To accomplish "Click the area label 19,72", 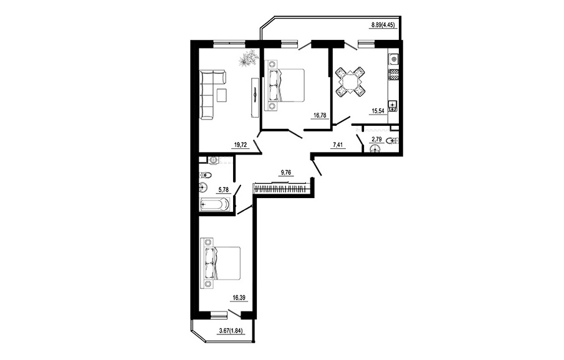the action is pyautogui.click(x=241, y=145).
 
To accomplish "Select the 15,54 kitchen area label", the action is pyautogui.click(x=378, y=111).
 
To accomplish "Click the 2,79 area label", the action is pyautogui.click(x=377, y=139).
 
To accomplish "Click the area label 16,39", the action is pyautogui.click(x=241, y=298).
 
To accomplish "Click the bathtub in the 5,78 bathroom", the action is pyautogui.click(x=214, y=204).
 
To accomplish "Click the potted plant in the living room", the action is pyautogui.click(x=247, y=59).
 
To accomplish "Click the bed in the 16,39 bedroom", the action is pyautogui.click(x=221, y=263).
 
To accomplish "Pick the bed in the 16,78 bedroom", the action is pyautogui.click(x=285, y=85).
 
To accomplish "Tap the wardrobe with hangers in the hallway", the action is pyautogui.click(x=280, y=189).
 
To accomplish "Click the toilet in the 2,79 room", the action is pyautogui.click(x=393, y=140).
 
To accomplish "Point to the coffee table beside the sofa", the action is pyautogui.click(x=222, y=95).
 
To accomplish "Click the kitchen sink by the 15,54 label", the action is pyautogui.click(x=393, y=105).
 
